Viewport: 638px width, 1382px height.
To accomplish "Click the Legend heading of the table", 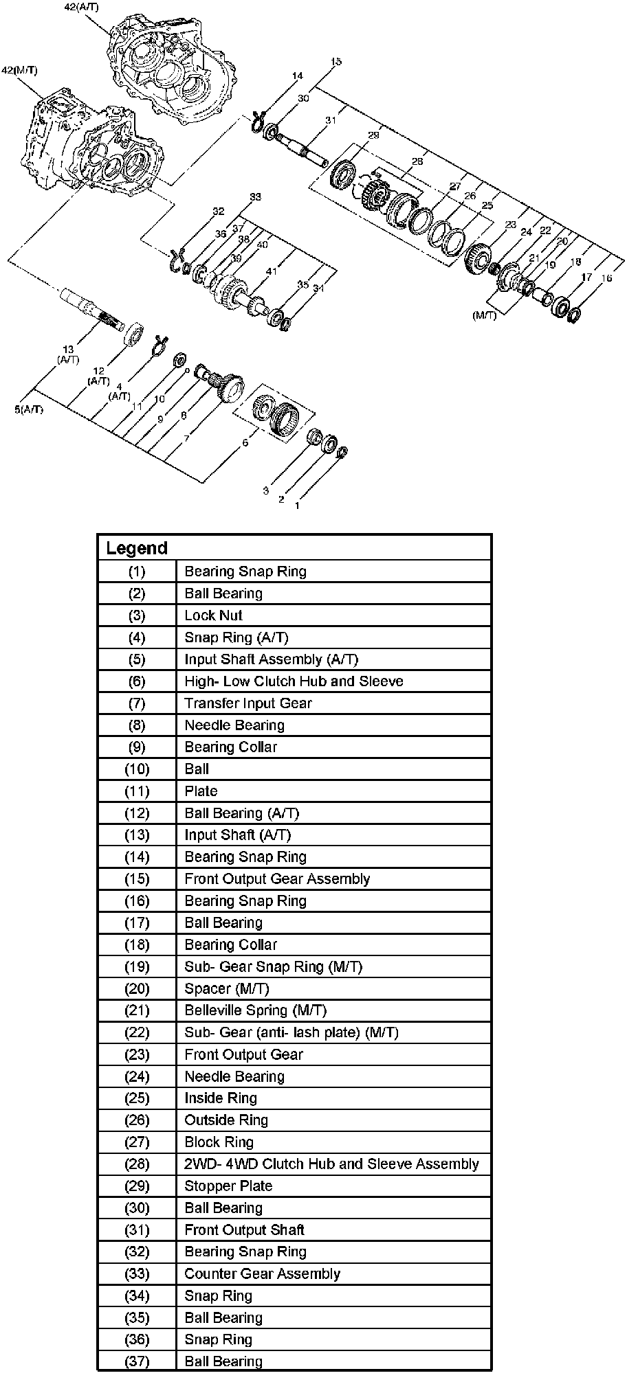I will tap(136, 548).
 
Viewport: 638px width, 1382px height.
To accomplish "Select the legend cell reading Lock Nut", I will tap(213, 615).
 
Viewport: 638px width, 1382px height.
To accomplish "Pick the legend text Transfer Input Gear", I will tap(247, 703).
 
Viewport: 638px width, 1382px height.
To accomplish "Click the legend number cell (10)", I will tap(137, 769).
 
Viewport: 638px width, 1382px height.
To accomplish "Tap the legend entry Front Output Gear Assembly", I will tap(277, 879).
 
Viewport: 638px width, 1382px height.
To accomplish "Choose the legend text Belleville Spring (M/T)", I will tap(255, 1010).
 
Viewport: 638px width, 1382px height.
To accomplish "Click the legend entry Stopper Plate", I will tap(228, 1186).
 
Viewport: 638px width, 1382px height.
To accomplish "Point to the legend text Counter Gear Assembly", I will tap(262, 1273).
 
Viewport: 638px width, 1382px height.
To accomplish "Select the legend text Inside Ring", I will tap(220, 1098).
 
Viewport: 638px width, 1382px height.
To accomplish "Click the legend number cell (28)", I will tap(137, 1164).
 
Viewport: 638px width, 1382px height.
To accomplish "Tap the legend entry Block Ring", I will tap(219, 1142).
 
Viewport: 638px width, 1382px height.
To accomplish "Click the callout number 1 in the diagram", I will tap(296, 506).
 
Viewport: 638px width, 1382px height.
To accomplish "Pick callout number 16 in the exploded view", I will tap(606, 278).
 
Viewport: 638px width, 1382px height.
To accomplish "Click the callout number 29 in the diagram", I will tap(374, 136).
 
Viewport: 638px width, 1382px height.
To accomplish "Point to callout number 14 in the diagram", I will tap(296, 76).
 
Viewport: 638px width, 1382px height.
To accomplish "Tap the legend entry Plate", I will tap(201, 791).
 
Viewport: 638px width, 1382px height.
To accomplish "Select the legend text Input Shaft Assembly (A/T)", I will tap(271, 659).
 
